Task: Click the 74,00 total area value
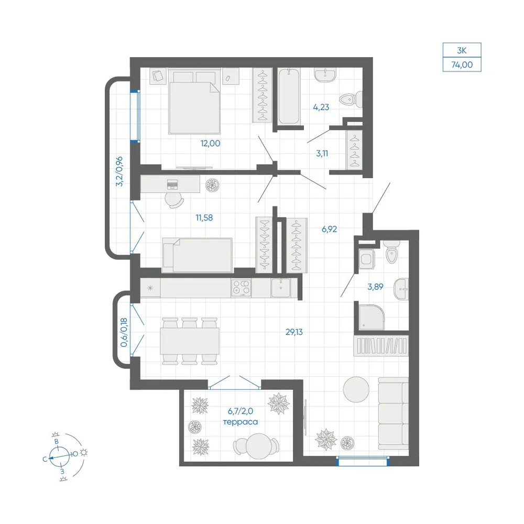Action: click(x=462, y=65)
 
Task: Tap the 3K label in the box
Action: click(x=462, y=50)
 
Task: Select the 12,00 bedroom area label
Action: click(x=210, y=144)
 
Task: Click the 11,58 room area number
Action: click(x=204, y=217)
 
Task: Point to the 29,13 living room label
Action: click(x=294, y=332)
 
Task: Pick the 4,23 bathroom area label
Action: click(x=321, y=107)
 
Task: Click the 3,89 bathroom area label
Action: click(x=375, y=287)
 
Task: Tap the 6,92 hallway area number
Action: click(x=329, y=230)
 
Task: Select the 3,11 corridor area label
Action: click(x=322, y=154)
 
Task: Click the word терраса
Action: click(x=241, y=422)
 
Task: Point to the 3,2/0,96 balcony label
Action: click(x=119, y=171)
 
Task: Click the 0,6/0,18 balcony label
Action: click(x=124, y=332)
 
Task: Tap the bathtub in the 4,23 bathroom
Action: click(x=289, y=96)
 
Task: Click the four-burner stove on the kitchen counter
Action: click(x=241, y=288)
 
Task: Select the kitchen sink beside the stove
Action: click(x=281, y=288)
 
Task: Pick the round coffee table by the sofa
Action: click(x=356, y=390)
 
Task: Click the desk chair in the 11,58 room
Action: click(x=174, y=200)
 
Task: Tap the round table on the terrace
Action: click(x=259, y=446)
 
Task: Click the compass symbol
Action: click(x=60, y=457)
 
